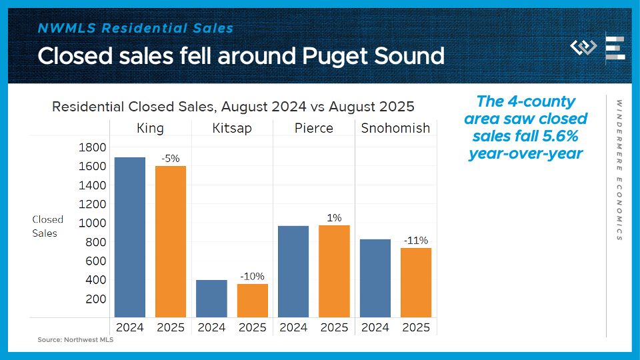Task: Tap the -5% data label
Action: click(x=171, y=159)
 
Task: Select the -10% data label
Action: click(x=253, y=276)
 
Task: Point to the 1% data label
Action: click(x=334, y=217)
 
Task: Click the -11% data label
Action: click(x=416, y=240)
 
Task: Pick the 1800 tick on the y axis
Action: click(x=93, y=147)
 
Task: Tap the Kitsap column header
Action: click(x=232, y=128)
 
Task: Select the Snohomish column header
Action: click(x=395, y=128)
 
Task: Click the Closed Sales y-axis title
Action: click(x=47, y=226)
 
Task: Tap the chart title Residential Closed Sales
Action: click(x=233, y=106)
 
